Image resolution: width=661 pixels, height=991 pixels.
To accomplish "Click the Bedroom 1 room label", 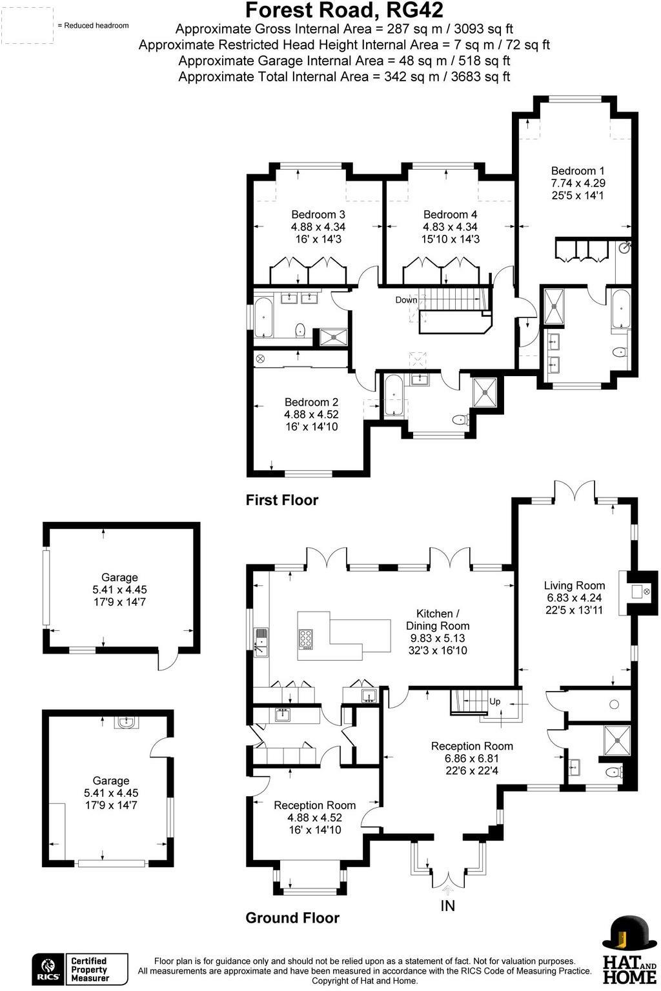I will pyautogui.click(x=577, y=171).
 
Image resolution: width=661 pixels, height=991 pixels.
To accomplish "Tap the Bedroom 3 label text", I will pyautogui.click(x=318, y=214).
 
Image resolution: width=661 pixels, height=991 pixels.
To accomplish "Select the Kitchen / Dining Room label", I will pyautogui.click(x=437, y=619).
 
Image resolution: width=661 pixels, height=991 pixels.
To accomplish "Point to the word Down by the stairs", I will pyautogui.click(x=406, y=300).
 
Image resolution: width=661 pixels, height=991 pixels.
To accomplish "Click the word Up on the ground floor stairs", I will pyautogui.click(x=495, y=701).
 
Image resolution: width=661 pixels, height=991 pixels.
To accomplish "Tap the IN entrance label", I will pyautogui.click(x=447, y=906).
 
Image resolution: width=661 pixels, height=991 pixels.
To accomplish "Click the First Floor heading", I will pyautogui.click(x=281, y=500).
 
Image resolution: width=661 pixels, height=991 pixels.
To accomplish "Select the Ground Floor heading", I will pyautogui.click(x=292, y=917).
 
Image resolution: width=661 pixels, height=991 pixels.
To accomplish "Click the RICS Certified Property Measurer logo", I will pyautogui.click(x=80, y=969).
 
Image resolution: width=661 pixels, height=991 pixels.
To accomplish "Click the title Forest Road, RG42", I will pyautogui.click(x=344, y=10).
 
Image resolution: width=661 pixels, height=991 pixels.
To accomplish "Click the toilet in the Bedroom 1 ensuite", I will pyautogui.click(x=619, y=352).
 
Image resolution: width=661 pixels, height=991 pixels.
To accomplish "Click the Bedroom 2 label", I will pyautogui.click(x=311, y=403).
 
